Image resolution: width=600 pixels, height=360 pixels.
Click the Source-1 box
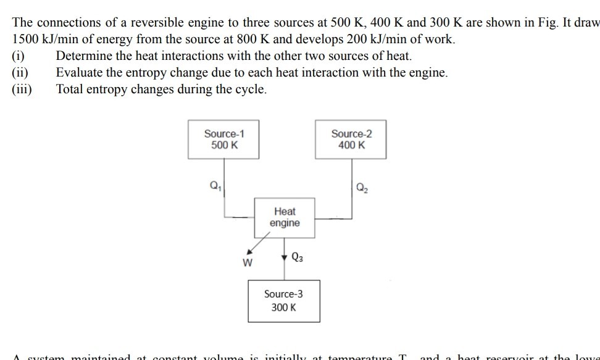coord(224,140)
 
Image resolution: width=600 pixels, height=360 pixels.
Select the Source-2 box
coord(351,140)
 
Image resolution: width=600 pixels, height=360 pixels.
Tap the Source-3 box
coord(284,301)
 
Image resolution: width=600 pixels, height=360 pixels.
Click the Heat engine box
coord(285,217)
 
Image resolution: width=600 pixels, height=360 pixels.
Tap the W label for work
coord(248,263)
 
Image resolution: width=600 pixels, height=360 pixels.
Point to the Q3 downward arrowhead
coord(284,257)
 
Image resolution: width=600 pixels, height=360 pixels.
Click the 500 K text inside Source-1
coord(224,145)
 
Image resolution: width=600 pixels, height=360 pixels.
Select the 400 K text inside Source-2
coord(351,145)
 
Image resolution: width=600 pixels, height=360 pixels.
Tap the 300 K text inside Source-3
coord(284,307)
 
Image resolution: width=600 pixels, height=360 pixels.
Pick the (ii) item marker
coord(20,72)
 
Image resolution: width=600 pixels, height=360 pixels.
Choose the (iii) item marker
coord(22,89)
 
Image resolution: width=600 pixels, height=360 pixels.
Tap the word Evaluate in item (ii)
coord(78,72)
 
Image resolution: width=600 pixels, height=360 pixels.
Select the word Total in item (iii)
coord(69,89)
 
